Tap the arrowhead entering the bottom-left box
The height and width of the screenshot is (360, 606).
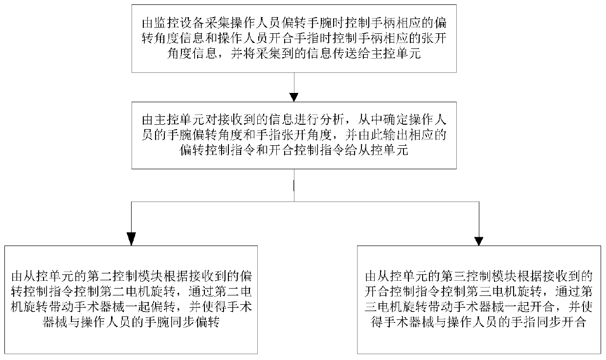pyautogui.click(x=130, y=239)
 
